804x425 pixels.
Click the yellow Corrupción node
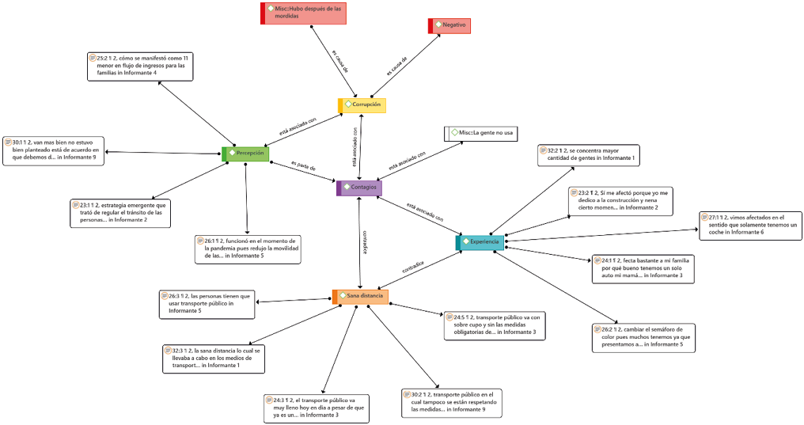tap(363, 104)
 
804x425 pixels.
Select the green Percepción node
tap(246, 154)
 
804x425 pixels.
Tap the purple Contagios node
tap(359, 188)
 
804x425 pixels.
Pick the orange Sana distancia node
tap(360, 296)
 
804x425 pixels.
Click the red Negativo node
tap(450, 26)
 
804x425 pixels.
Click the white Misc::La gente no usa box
tap(481, 133)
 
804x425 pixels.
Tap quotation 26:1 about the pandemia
tap(246, 249)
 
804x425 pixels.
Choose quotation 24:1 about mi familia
tap(643, 268)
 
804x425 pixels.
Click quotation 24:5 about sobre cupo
tap(493, 324)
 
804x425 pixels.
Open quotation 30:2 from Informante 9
tap(452, 402)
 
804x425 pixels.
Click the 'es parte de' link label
tap(303, 168)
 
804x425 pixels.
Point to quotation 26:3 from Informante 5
tap(207, 304)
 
